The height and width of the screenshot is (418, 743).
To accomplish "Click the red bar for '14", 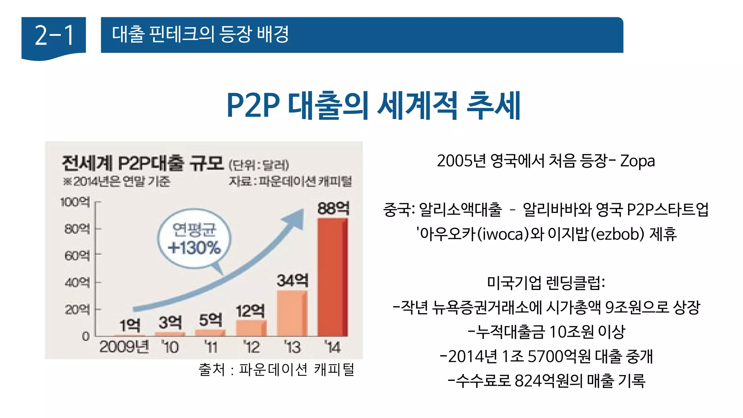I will click(332, 277).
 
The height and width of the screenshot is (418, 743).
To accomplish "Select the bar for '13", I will click(292, 313).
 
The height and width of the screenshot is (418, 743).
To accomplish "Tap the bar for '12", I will click(251, 328).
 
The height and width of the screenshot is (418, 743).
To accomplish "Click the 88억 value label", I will click(333, 209).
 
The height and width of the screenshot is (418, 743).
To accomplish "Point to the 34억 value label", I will click(292, 280).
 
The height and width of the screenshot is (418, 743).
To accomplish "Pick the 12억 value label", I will click(250, 311).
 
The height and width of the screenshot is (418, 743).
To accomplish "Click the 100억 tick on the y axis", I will click(75, 202).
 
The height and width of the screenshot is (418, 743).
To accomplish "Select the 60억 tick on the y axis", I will click(77, 255).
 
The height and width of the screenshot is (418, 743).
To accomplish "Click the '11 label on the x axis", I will click(210, 347).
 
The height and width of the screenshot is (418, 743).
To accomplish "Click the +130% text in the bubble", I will click(194, 248).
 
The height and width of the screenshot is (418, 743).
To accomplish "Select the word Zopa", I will click(637, 161).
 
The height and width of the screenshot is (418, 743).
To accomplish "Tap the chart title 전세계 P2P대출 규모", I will click(143, 163).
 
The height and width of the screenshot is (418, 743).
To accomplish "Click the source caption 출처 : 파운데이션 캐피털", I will click(276, 370).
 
